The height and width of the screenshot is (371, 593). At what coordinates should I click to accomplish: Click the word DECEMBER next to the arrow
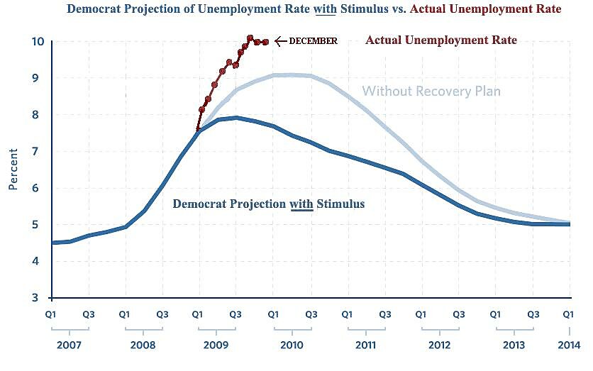point(313,41)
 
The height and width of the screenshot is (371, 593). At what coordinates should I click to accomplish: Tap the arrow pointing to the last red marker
point(280,41)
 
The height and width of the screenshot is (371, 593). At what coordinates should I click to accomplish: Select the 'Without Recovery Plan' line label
point(431,92)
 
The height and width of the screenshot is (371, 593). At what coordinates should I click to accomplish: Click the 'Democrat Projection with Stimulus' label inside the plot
point(269,204)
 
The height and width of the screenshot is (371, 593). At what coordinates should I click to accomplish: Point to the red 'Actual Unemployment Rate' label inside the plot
point(441,40)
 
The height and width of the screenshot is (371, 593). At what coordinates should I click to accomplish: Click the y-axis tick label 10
point(38,41)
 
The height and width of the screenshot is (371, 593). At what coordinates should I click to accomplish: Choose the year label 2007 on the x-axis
point(70,345)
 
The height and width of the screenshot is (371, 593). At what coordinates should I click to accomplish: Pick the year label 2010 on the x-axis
point(292,345)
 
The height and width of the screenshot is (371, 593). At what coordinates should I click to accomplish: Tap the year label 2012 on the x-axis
point(439,345)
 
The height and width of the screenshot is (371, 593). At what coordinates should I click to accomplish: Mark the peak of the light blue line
point(292,74)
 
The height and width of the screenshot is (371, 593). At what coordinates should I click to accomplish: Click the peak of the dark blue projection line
point(235,118)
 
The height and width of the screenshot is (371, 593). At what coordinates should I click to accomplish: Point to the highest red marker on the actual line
point(250,38)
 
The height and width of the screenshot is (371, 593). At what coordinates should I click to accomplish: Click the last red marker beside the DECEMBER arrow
point(266,43)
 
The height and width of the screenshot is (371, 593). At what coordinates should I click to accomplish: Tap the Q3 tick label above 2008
point(162,313)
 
